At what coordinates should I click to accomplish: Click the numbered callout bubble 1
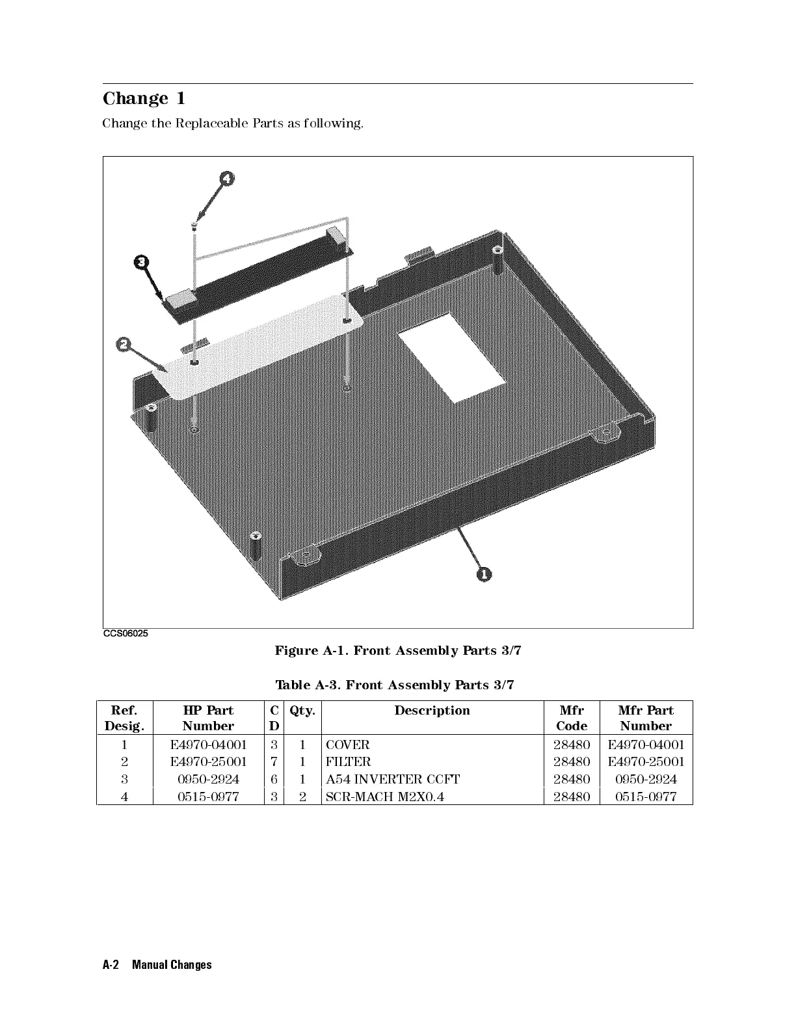click(x=484, y=574)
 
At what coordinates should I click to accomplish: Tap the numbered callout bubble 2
click(x=123, y=344)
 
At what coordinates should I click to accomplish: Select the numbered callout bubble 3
click(x=141, y=263)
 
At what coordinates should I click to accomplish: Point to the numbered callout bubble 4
click(x=226, y=179)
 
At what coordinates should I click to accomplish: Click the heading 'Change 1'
click(x=144, y=99)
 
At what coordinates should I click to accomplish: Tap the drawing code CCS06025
click(x=126, y=634)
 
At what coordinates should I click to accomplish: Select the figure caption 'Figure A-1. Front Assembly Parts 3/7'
click(x=398, y=650)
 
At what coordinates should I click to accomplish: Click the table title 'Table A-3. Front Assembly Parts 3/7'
click(x=398, y=685)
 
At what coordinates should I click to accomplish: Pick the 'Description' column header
click(x=432, y=710)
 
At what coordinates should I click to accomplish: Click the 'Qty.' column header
click(x=302, y=710)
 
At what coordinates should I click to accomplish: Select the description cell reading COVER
click(x=348, y=745)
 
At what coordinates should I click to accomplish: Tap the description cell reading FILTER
click(x=349, y=762)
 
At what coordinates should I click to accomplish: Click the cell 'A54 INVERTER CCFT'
click(x=393, y=779)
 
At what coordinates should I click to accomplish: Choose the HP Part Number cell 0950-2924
click(x=208, y=779)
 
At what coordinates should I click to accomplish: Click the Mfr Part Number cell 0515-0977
click(x=646, y=796)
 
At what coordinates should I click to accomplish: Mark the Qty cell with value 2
click(x=302, y=796)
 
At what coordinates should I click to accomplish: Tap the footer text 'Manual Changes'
click(x=172, y=964)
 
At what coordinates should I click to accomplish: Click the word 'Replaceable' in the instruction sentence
click(x=211, y=123)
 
